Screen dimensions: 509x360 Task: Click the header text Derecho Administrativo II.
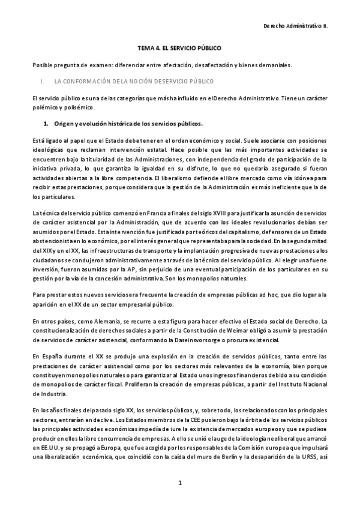click(x=296, y=26)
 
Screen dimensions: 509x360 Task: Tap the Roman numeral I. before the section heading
click(x=41, y=80)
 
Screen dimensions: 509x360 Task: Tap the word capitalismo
click(x=236, y=232)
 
